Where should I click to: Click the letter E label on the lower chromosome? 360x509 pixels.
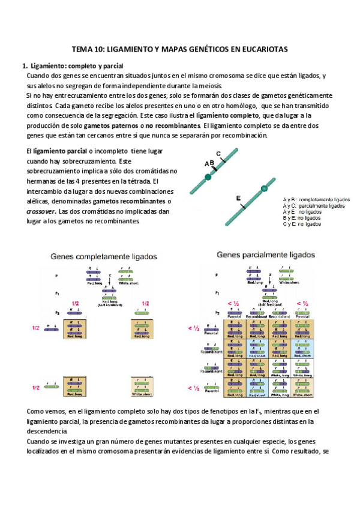tap(239, 197)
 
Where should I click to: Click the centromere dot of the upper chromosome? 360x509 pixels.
tap(208, 176)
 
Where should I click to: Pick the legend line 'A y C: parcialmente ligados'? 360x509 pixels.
tap(314, 206)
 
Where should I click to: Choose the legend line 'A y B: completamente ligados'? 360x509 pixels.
tap(316, 199)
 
